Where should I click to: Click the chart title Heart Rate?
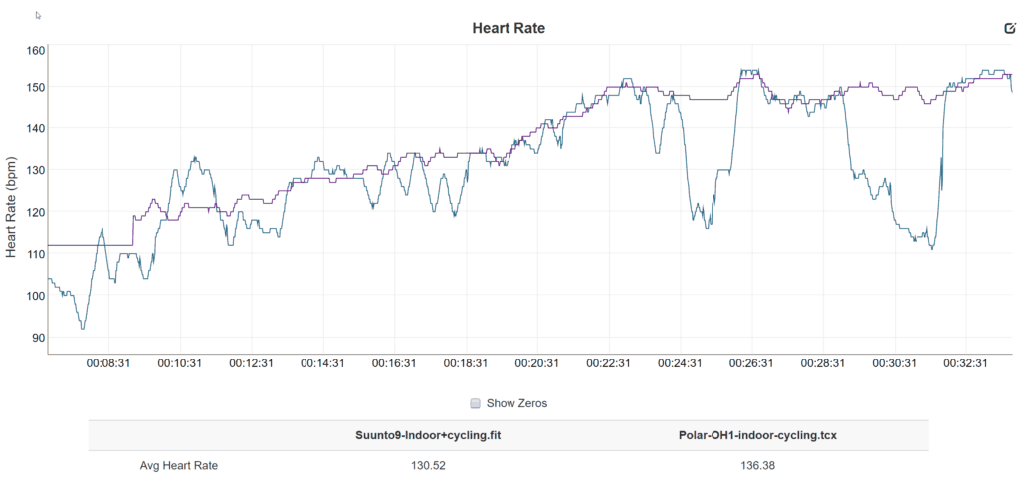[509, 28]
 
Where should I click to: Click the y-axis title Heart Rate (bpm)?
[12, 207]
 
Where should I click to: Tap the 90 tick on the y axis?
[37, 338]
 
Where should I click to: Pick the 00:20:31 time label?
[535, 364]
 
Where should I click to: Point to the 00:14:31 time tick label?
[322, 364]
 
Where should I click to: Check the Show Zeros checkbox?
[476, 403]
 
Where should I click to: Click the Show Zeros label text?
[516, 403]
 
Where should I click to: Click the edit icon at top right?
[1009, 28]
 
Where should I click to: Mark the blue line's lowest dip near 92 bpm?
[83, 328]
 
